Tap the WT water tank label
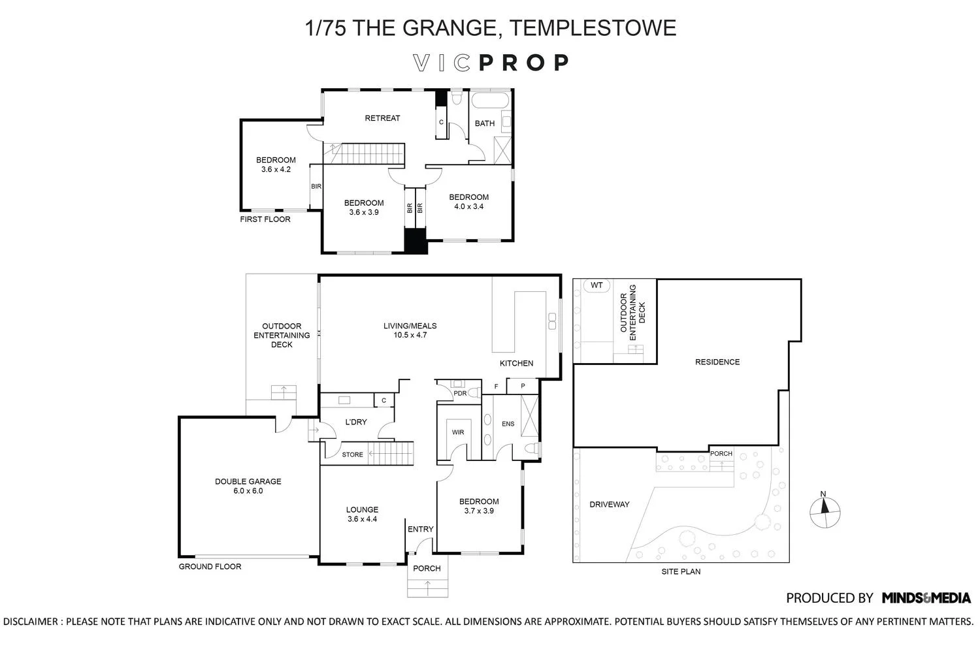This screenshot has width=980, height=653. tap(596, 285)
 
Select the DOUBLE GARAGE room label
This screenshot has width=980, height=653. tap(248, 486)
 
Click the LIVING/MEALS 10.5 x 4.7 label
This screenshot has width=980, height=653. tap(410, 330)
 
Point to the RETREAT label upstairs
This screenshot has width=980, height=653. tap(382, 118)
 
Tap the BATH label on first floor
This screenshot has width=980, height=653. tap(484, 123)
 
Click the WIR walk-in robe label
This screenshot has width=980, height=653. tap(458, 432)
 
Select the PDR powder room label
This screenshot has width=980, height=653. tap(460, 393)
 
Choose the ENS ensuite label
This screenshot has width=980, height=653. tap(508, 424)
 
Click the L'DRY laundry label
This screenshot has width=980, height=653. tap(355, 422)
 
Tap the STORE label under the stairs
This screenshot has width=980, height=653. tap(352, 454)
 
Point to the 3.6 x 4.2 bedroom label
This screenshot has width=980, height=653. tap(275, 165)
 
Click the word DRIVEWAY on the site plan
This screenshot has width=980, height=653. tap(609, 504)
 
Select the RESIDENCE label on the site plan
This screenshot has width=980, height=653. tap(717, 362)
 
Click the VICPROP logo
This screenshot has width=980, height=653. tap(491, 63)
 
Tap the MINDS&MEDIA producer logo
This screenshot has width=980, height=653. tap(926, 597)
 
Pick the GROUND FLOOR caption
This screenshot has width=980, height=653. tap(210, 566)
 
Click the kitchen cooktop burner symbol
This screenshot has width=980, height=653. tap(552, 321)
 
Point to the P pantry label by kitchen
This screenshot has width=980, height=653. tap(523, 387)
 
